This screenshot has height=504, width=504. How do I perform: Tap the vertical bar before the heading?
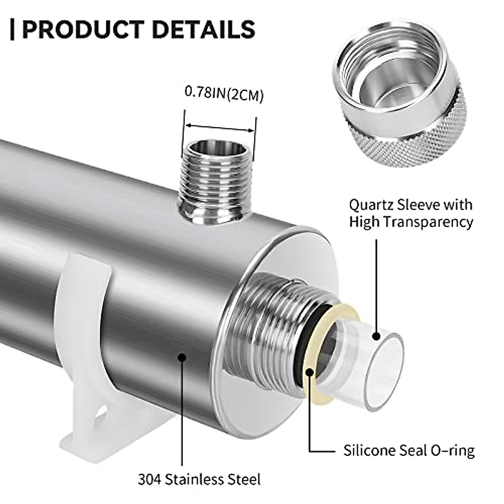point(12,29)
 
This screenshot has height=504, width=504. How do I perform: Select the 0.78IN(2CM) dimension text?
point(224,94)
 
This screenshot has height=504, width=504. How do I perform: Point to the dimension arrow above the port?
point(220,127)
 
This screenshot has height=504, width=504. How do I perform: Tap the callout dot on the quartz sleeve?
point(376,336)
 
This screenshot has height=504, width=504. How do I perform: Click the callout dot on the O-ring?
point(310,371)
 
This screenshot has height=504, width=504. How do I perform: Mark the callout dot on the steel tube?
point(182,357)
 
